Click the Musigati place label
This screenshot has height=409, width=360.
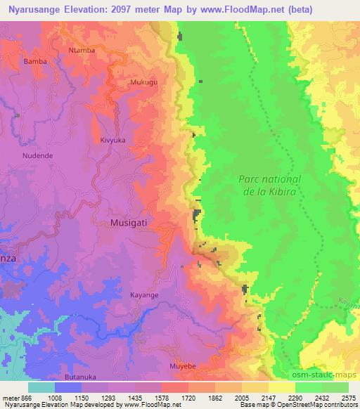coord(130,223)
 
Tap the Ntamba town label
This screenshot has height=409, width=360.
coord(81,51)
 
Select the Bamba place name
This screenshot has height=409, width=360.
coord(35,62)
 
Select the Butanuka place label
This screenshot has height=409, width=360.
coord(77,377)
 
